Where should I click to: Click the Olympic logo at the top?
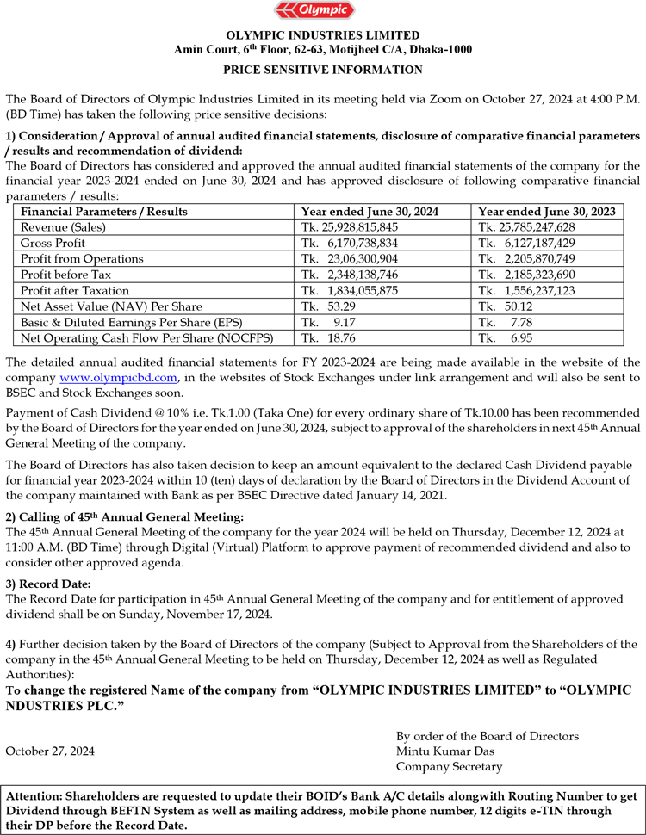point(323,11)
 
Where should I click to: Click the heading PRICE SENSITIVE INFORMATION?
point(323,70)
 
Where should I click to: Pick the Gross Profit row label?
point(53,244)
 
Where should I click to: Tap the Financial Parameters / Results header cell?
point(104,212)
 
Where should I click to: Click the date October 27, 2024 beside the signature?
point(50,751)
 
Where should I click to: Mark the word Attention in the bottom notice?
point(36,797)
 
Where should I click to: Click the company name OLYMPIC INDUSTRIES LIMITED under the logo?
point(323,35)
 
